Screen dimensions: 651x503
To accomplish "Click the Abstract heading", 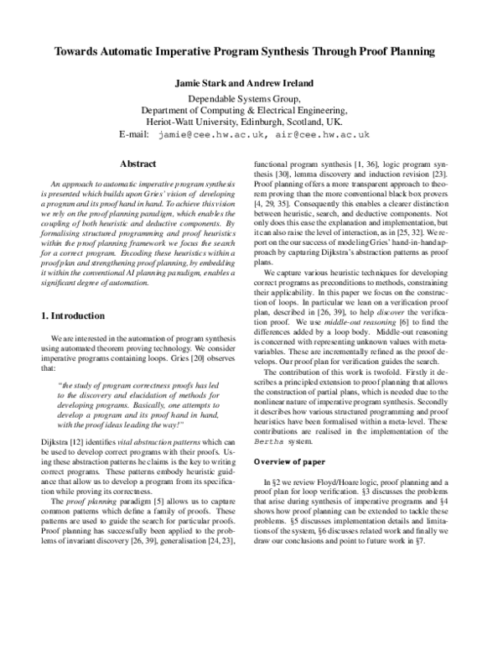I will coord(138,164).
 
